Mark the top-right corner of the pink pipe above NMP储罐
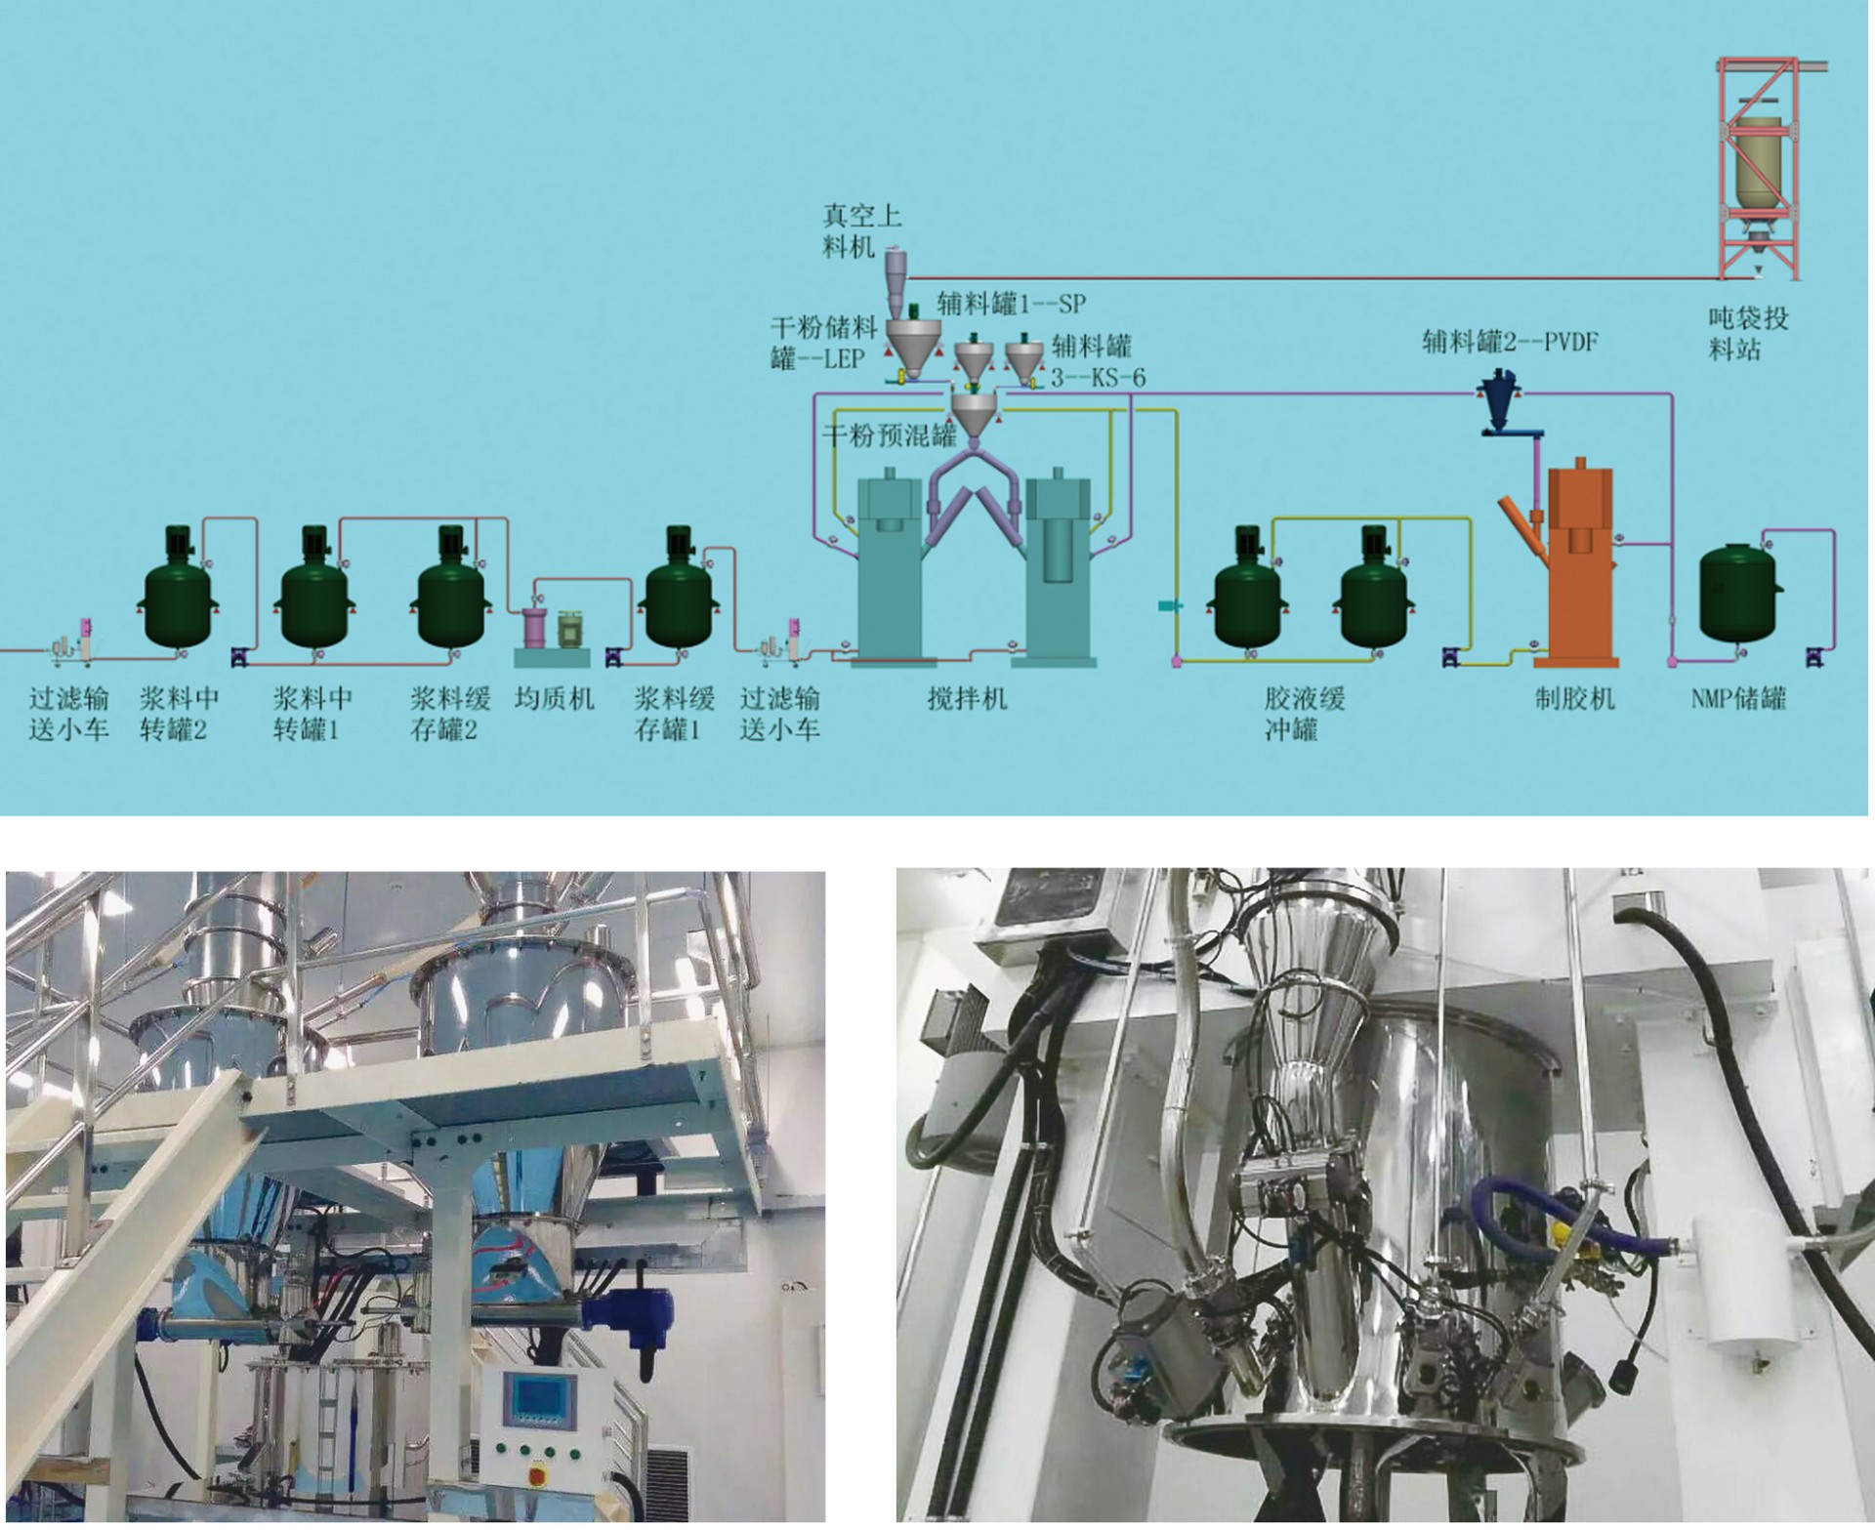click(x=1833, y=531)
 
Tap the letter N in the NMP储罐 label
click(x=1698, y=699)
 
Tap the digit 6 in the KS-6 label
click(x=1138, y=378)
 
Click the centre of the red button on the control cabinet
click(x=533, y=1472)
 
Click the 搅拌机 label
click(x=967, y=699)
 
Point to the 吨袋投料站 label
click(x=1748, y=334)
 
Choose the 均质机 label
click(x=554, y=699)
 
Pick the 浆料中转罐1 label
click(x=312, y=714)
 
